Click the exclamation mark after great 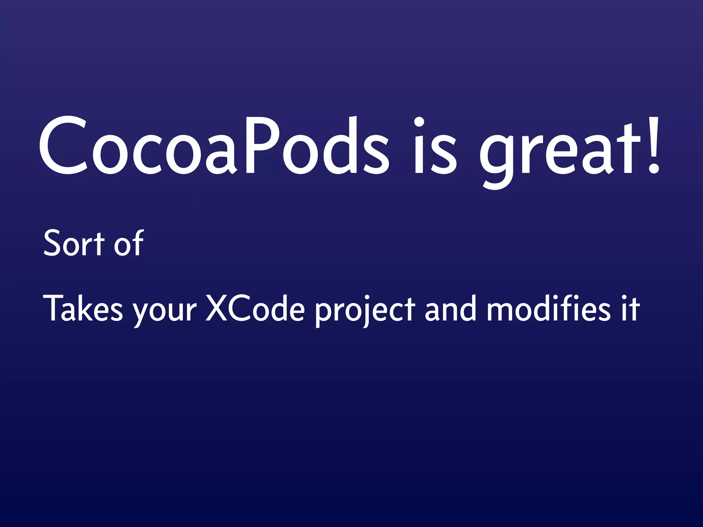pyautogui.click(x=652, y=146)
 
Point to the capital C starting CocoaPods pyautogui.click(x=64, y=146)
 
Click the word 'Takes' pyautogui.click(x=83, y=308)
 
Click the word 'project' pyautogui.click(x=365, y=311)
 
